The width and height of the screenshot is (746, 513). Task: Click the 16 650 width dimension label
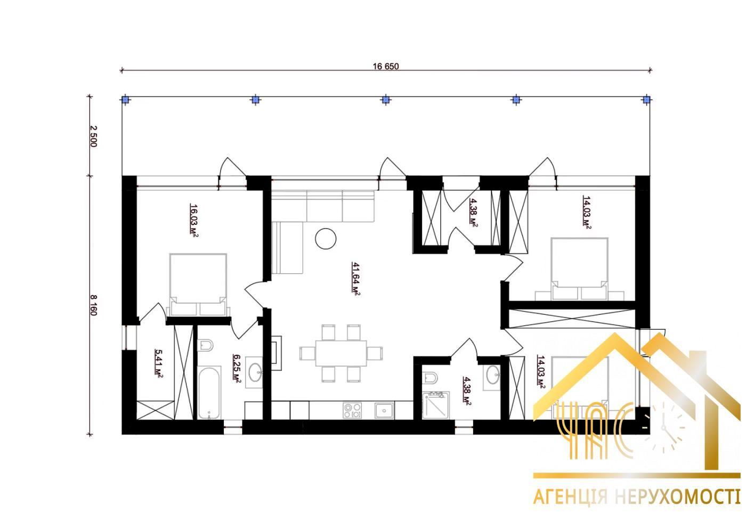pos(385,66)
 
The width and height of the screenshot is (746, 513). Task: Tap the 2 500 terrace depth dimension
pos(93,136)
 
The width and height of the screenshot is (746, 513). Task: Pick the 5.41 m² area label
pos(159,363)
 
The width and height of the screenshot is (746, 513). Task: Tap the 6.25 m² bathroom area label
pos(237,369)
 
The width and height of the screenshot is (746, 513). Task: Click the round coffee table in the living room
pos(326,239)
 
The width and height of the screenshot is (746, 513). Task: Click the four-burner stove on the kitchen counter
pos(352,410)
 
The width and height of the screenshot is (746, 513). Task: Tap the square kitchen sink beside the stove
pos(384,410)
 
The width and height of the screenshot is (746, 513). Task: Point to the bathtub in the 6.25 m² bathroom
pos(209,392)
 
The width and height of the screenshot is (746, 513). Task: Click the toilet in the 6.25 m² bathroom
pos(205,345)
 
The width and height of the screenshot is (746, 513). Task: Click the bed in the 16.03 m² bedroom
pos(198,284)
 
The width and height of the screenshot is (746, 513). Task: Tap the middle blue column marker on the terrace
pos(385,99)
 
